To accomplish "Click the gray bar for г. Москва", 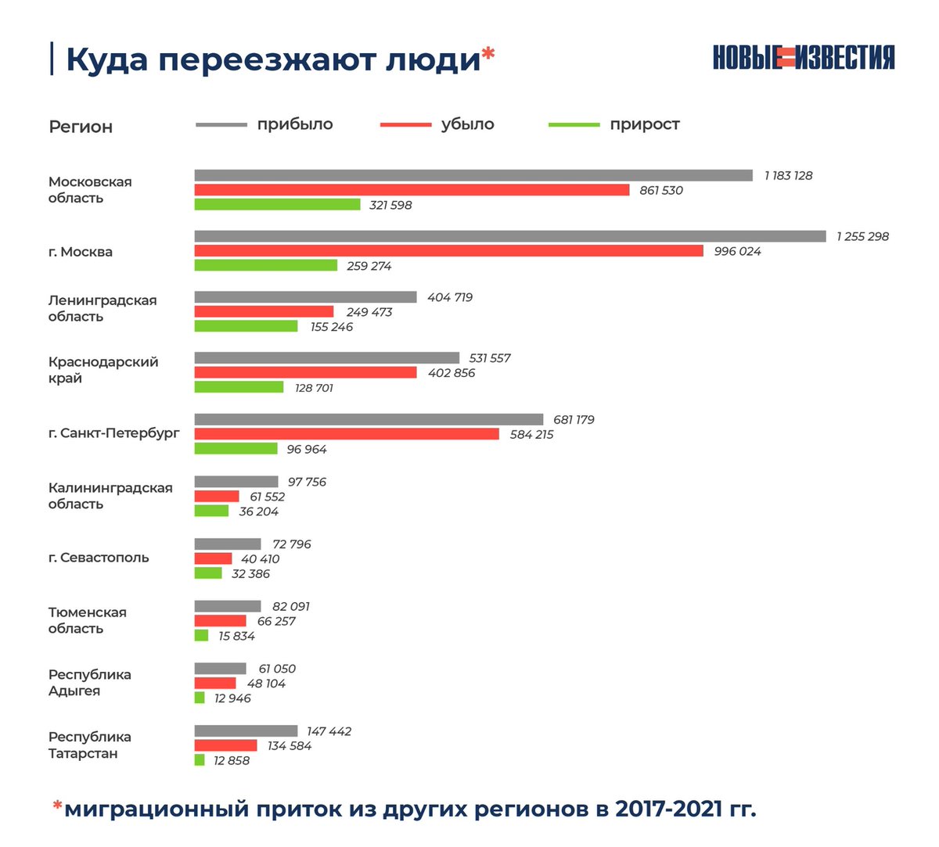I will (509, 236).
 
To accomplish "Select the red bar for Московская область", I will (412, 190).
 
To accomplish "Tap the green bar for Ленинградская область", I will (246, 326).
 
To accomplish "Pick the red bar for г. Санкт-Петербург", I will (347, 434).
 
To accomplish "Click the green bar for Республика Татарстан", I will (200, 760).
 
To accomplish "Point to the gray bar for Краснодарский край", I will (326, 358).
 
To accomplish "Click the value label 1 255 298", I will (862, 236).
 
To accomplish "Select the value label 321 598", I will (390, 205).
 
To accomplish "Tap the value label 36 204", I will (258, 511).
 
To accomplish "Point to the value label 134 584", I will (290, 746).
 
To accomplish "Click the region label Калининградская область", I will (110, 496).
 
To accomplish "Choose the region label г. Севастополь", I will (99, 558).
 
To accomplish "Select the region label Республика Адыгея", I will (89, 683).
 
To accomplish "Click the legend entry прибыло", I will (295, 124).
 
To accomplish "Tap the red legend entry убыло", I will (467, 124).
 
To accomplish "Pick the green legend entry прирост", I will (644, 124).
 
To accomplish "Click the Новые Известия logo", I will (804, 58).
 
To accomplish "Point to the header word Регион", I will (81, 127).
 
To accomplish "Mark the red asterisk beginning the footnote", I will (57, 806).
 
